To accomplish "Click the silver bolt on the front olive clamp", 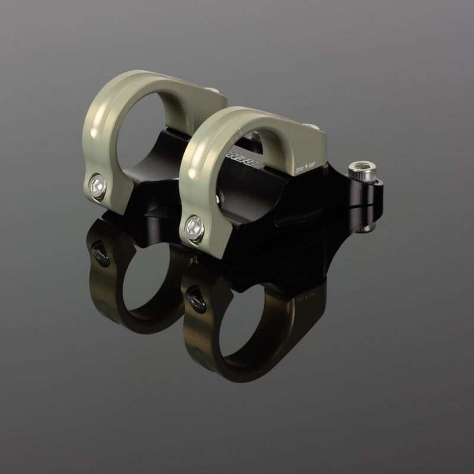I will point(194,227).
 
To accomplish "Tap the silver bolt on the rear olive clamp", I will point(98,187).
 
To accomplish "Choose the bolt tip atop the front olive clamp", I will point(309,126).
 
